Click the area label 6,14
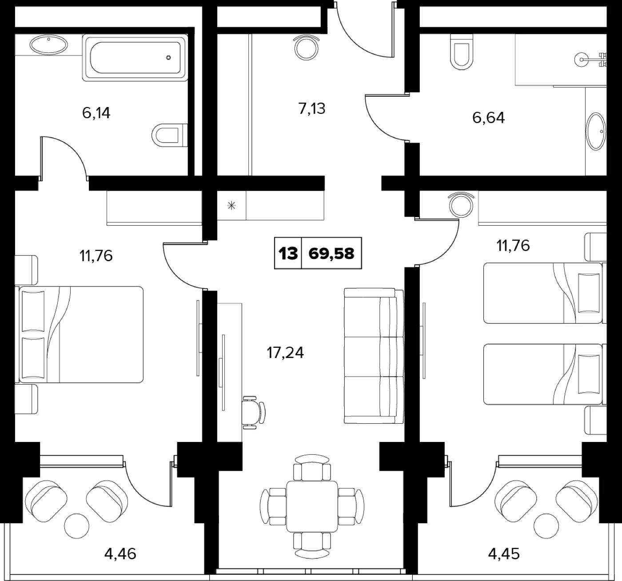tap(96, 113)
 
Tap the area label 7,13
tap(312, 109)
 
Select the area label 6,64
tap(488, 118)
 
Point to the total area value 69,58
tap(331, 253)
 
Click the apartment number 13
tap(288, 253)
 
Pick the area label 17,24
tap(285, 353)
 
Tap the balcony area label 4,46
tap(120, 554)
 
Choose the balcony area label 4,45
tap(504, 554)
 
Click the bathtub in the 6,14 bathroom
tap(136, 58)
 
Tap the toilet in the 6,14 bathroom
tap(169, 135)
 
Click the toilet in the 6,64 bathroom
tap(461, 52)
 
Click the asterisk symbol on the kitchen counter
tap(231, 206)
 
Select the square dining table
tap(312, 506)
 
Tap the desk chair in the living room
tap(253, 412)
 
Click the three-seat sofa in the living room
tap(374, 356)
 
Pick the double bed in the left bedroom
tap(79, 334)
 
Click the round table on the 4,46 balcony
tap(77, 526)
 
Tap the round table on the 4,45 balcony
tap(546, 526)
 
